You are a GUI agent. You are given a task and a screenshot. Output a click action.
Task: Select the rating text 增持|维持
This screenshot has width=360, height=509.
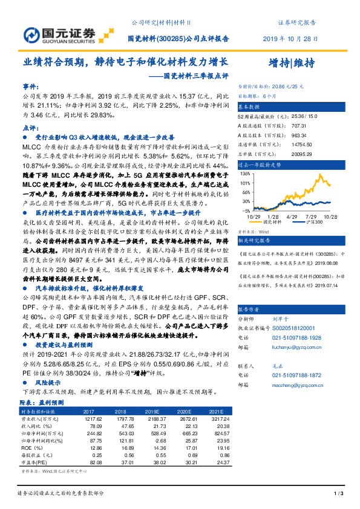click(x=290, y=64)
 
